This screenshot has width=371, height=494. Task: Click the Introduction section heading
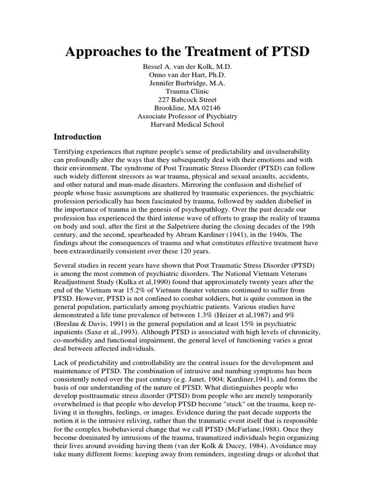coord(77,137)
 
